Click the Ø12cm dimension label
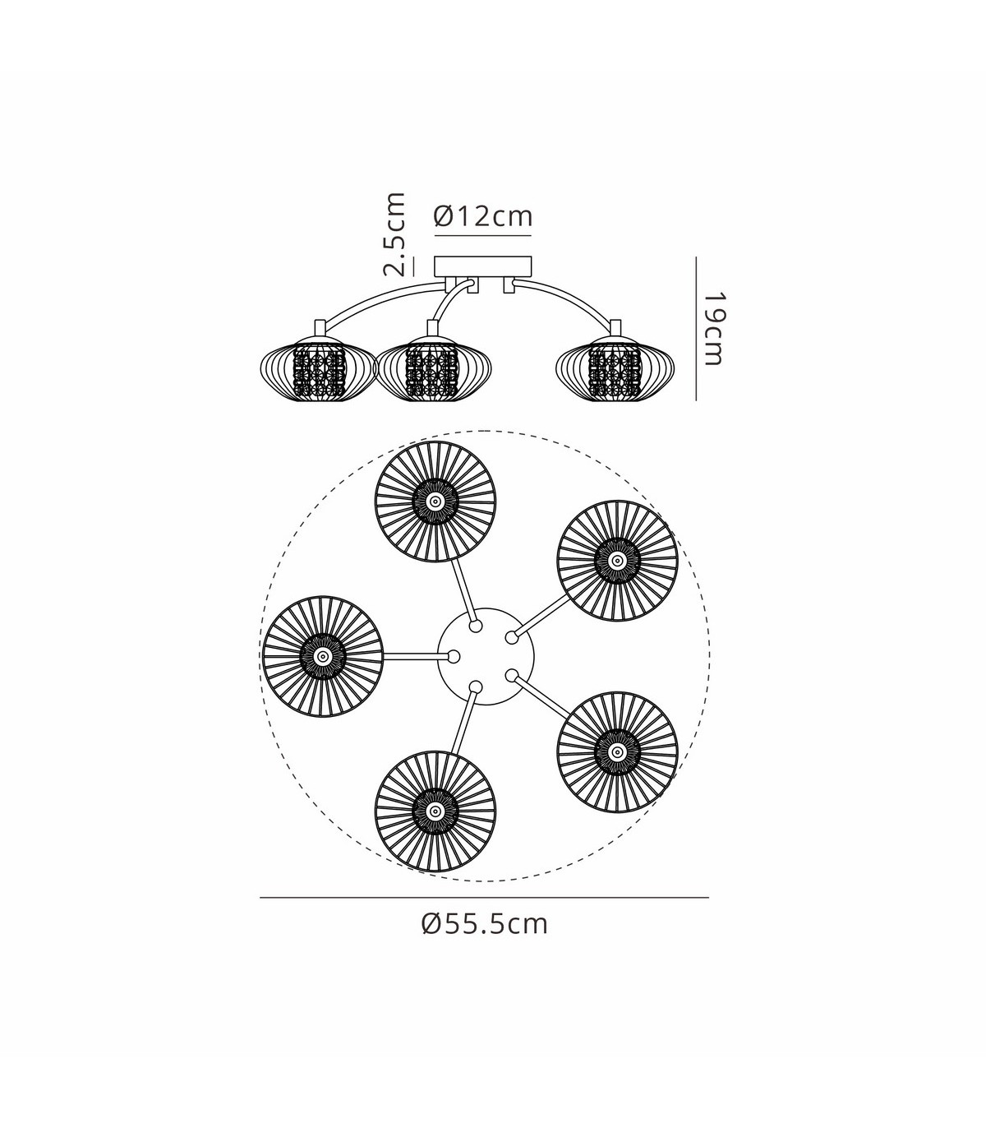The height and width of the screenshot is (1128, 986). click(x=483, y=217)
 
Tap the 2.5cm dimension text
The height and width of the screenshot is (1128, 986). click(x=394, y=233)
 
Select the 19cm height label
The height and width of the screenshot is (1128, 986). click(x=713, y=329)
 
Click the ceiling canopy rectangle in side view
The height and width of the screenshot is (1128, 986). click(x=484, y=266)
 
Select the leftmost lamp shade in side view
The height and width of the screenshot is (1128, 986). click(x=319, y=369)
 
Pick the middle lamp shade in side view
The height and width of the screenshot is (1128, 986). click(x=433, y=369)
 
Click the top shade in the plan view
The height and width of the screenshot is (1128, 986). click(x=435, y=502)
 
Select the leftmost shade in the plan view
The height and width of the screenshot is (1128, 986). click(x=323, y=656)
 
